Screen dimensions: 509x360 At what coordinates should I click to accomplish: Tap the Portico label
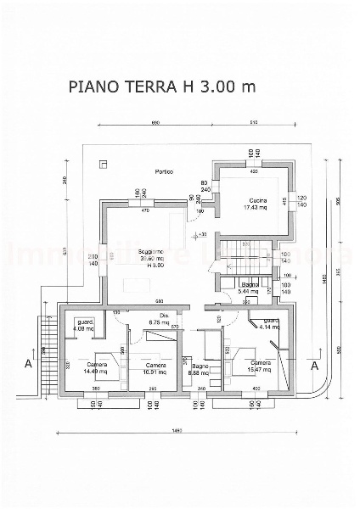(x=165, y=172)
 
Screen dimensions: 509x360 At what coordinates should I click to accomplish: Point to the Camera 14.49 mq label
(x=95, y=367)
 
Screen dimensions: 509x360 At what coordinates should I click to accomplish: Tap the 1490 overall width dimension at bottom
(x=177, y=431)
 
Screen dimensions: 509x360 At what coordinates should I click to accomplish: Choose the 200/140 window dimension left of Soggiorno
(x=92, y=260)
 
